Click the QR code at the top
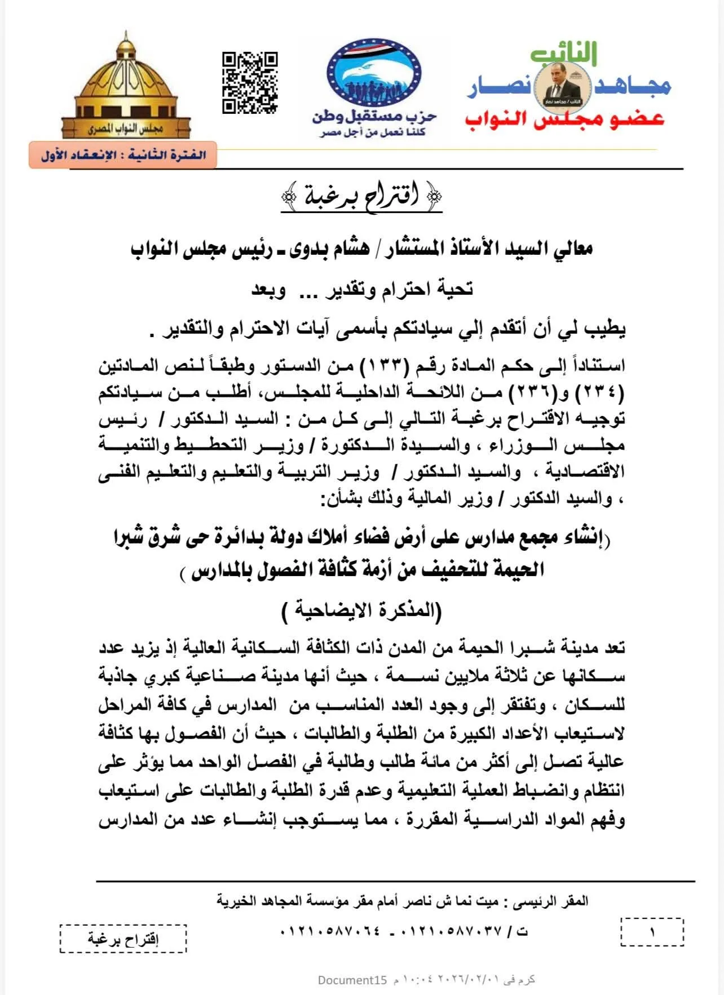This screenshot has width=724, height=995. click(249, 82)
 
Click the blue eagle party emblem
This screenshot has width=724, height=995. click(374, 74)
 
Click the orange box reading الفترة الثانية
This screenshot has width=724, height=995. click(123, 155)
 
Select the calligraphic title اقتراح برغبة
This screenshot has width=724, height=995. click(361, 197)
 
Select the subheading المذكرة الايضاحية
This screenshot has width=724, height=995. click(361, 611)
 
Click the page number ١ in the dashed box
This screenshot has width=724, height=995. click(652, 932)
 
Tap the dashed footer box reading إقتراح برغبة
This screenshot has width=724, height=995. click(123, 939)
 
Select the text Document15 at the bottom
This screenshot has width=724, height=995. click(352, 980)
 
